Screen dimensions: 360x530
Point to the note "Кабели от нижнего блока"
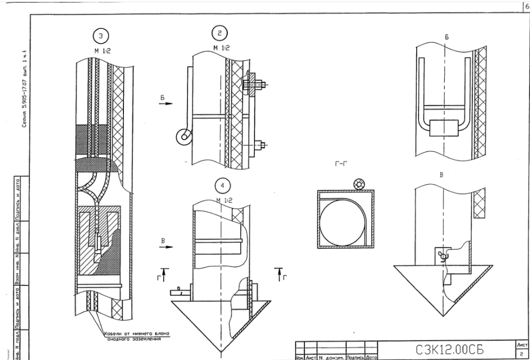coord(136,333)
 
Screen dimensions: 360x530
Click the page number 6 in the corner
coord(526,5)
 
